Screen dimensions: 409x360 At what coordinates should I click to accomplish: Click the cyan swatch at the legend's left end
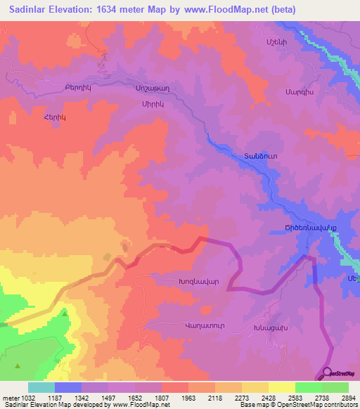pyautogui.click(x=41, y=387)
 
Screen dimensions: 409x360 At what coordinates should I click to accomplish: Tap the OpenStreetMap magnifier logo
pyautogui.click(x=327, y=374)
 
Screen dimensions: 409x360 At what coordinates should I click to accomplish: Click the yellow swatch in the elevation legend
pyautogui.click(x=281, y=387)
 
